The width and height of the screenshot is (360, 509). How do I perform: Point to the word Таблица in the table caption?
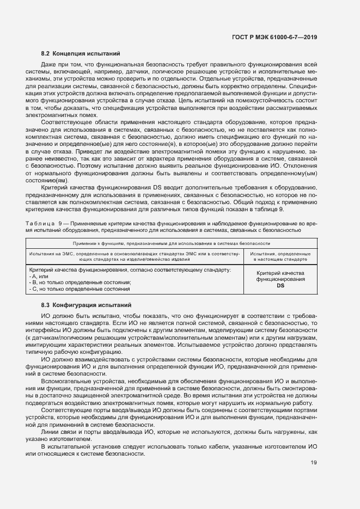39,224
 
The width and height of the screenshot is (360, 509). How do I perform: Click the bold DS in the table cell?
280,285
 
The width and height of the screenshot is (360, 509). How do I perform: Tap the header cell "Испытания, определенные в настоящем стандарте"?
280,256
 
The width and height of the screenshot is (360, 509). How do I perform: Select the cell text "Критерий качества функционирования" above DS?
280,275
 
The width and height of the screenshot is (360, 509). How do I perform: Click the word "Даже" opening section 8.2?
49,64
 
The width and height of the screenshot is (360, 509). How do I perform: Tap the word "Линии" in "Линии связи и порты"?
50,432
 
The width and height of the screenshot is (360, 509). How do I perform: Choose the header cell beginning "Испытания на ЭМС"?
135,256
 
